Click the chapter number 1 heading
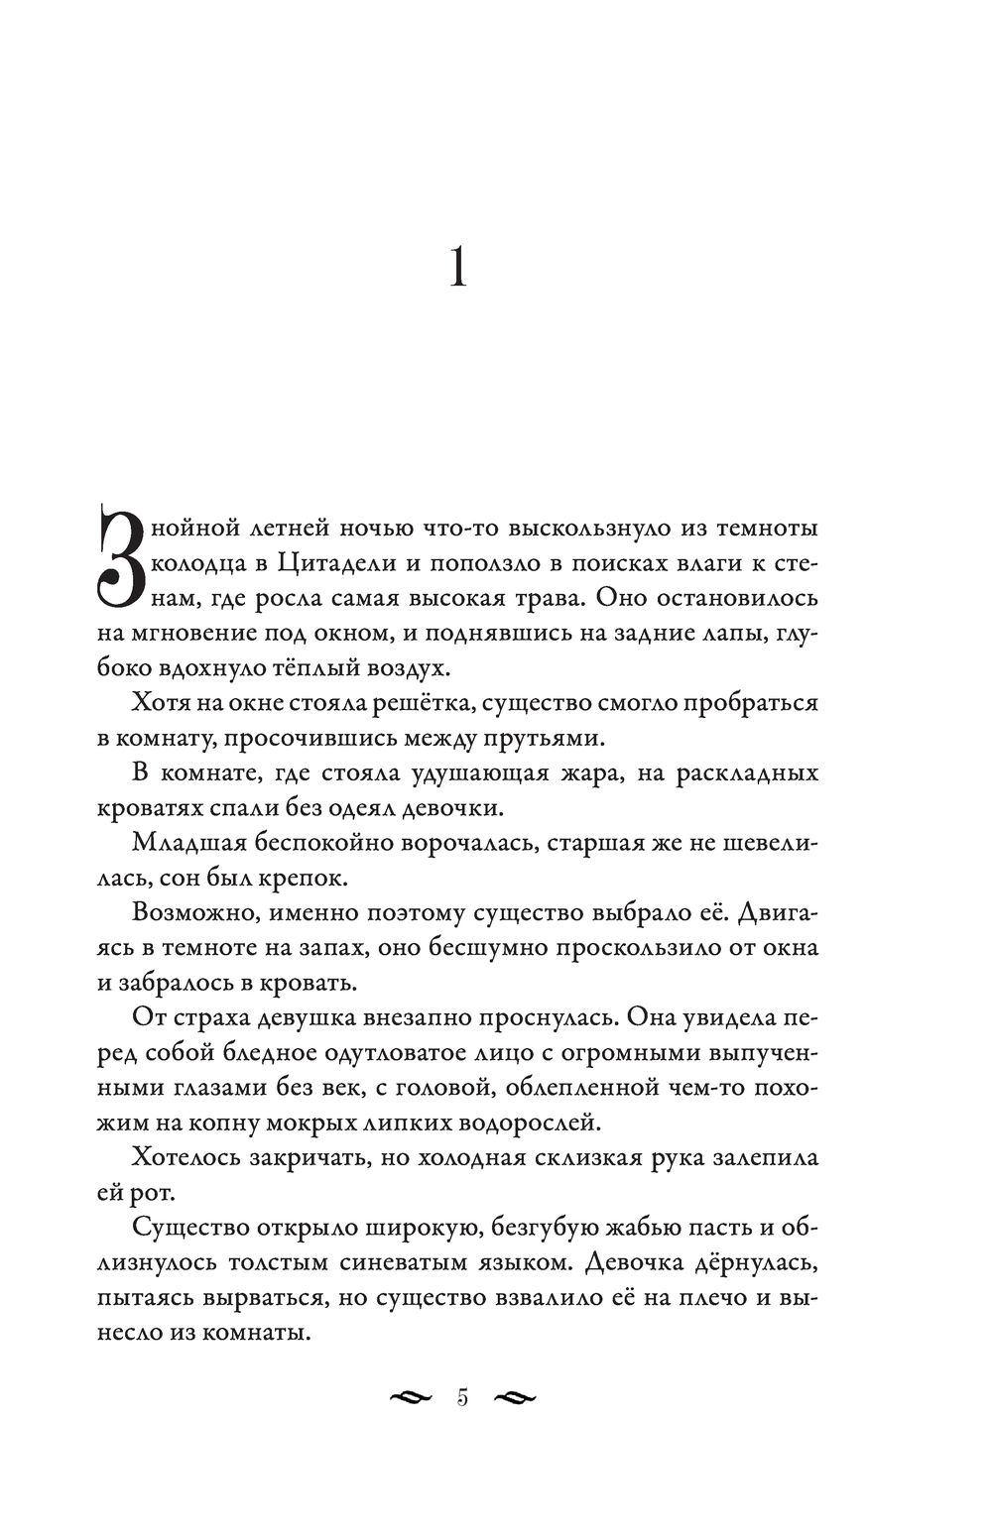point(457,268)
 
